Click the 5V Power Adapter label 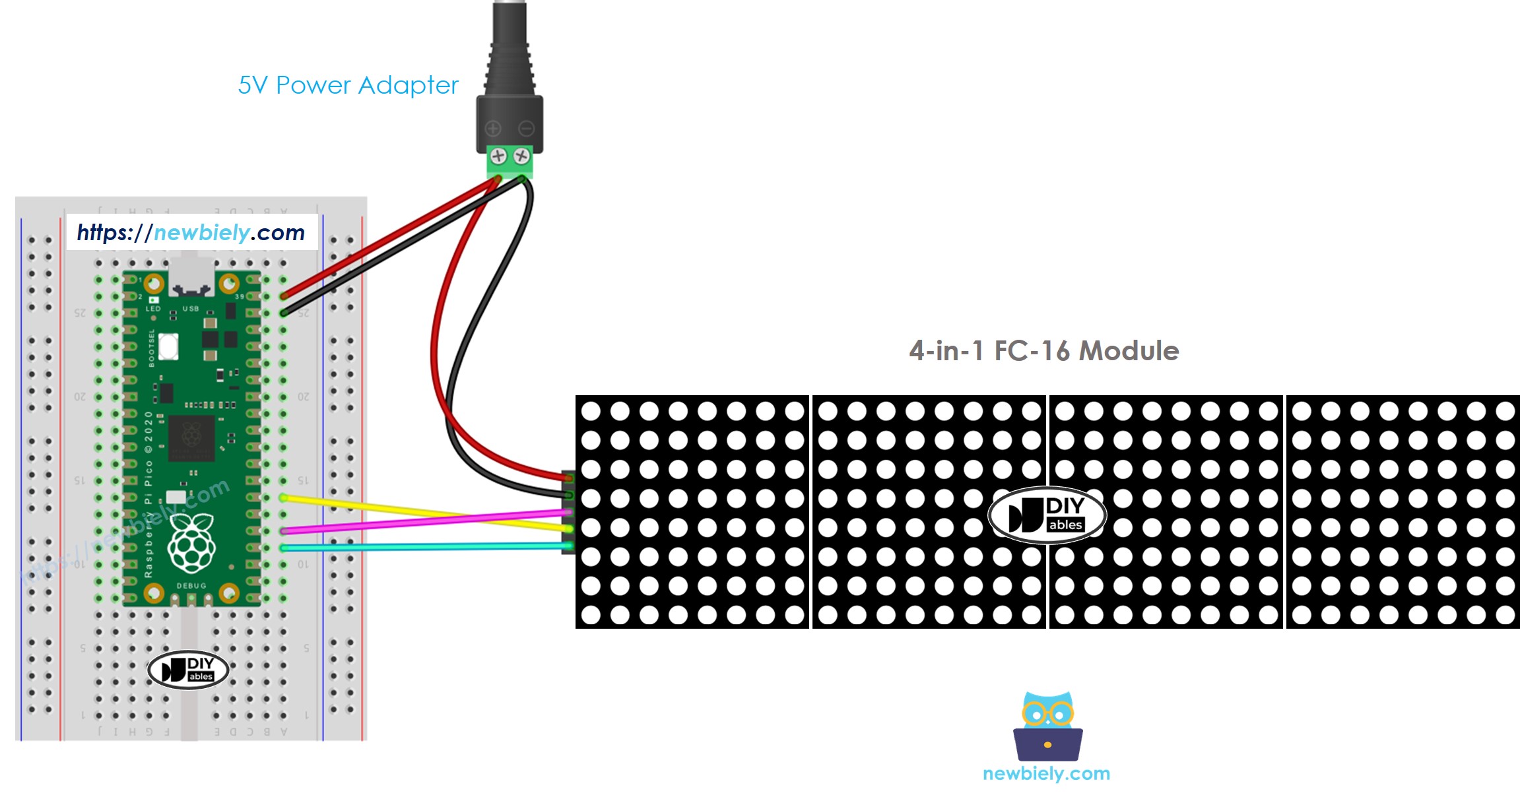pyautogui.click(x=348, y=85)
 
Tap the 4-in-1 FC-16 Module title pyautogui.click(x=1043, y=350)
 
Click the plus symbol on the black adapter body pyautogui.click(x=493, y=128)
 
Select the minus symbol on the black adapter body pyautogui.click(x=526, y=128)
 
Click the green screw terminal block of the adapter pyautogui.click(x=510, y=161)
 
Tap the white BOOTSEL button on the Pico pyautogui.click(x=168, y=346)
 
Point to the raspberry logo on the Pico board pyautogui.click(x=191, y=542)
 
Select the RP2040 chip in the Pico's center pyautogui.click(x=191, y=437)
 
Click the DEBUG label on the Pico pyautogui.click(x=191, y=586)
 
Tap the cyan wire pyautogui.click(x=422, y=547)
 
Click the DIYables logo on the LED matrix pyautogui.click(x=1047, y=515)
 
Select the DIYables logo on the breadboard pyautogui.click(x=188, y=670)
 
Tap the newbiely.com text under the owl pyautogui.click(x=1046, y=773)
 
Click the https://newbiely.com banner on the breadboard pyautogui.click(x=191, y=232)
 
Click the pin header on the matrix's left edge pyautogui.click(x=568, y=513)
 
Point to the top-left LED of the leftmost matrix pyautogui.click(x=591, y=411)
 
